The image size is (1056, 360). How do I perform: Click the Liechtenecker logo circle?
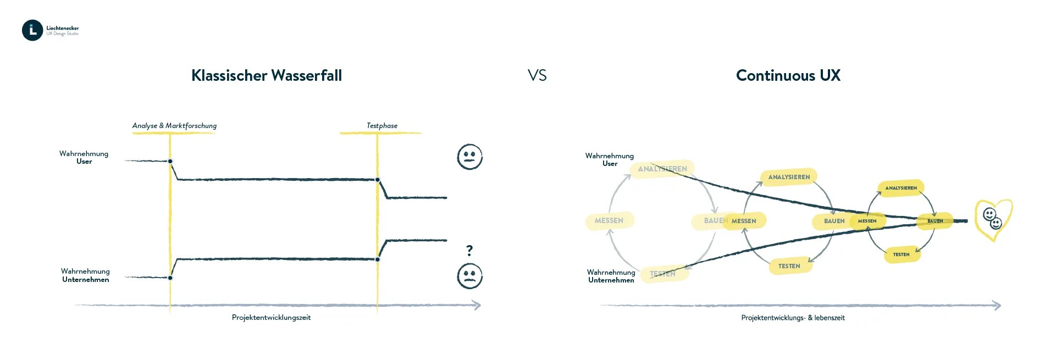point(32,30)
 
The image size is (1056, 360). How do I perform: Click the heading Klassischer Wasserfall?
point(267,75)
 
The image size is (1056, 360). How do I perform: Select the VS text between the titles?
point(537,75)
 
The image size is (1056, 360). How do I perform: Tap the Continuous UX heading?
point(788,75)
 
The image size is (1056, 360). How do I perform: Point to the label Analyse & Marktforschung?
point(174,126)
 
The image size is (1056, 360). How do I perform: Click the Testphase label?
point(382,126)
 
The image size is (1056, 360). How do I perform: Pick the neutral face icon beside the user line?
point(469,157)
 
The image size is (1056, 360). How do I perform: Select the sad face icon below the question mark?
point(469,276)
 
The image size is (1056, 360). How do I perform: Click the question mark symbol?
point(469,251)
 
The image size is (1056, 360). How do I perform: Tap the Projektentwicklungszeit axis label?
point(271,318)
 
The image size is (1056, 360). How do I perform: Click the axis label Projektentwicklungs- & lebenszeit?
point(793,318)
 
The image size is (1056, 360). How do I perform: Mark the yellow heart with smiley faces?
point(993,219)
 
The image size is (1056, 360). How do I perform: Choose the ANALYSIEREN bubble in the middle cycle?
point(789,177)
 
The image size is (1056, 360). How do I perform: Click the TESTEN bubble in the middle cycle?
point(789,266)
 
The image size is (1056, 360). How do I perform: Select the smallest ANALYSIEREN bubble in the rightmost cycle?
point(901,188)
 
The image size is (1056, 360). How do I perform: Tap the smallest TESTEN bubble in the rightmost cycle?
point(901,254)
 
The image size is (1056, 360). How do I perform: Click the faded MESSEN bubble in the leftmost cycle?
point(609,220)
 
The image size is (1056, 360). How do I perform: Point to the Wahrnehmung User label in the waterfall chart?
point(84,158)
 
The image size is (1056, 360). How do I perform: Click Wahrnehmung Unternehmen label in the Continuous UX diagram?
point(611,276)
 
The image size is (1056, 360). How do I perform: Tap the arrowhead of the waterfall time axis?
point(477,305)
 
